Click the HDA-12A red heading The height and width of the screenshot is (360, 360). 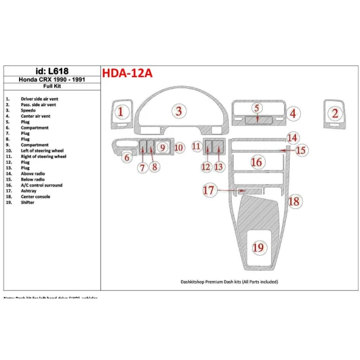(x=128, y=73)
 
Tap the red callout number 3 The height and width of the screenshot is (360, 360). (x=179, y=111)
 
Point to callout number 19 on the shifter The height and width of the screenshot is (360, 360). (x=258, y=247)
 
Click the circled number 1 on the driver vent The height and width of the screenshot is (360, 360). (x=121, y=112)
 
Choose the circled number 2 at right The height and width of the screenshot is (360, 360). (x=335, y=113)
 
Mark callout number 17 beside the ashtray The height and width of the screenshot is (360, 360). (x=210, y=191)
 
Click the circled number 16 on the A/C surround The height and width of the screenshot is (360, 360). (x=256, y=162)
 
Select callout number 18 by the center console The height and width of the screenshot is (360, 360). (x=294, y=201)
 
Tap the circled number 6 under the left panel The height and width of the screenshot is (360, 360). (x=126, y=158)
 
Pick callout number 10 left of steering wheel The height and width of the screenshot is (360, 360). (x=178, y=147)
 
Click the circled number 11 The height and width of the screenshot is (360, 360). (x=196, y=147)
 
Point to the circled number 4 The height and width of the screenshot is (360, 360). (x=293, y=113)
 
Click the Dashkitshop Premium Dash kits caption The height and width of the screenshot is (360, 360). (x=230, y=282)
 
